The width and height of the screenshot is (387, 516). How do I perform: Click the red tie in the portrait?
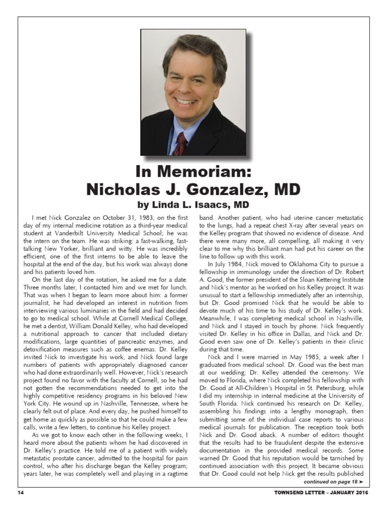point(179,143)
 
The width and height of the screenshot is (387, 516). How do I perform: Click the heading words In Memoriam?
point(193,173)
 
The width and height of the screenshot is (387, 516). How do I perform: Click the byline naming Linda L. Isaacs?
point(193,205)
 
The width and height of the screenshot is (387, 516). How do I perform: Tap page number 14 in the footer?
point(21,492)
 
